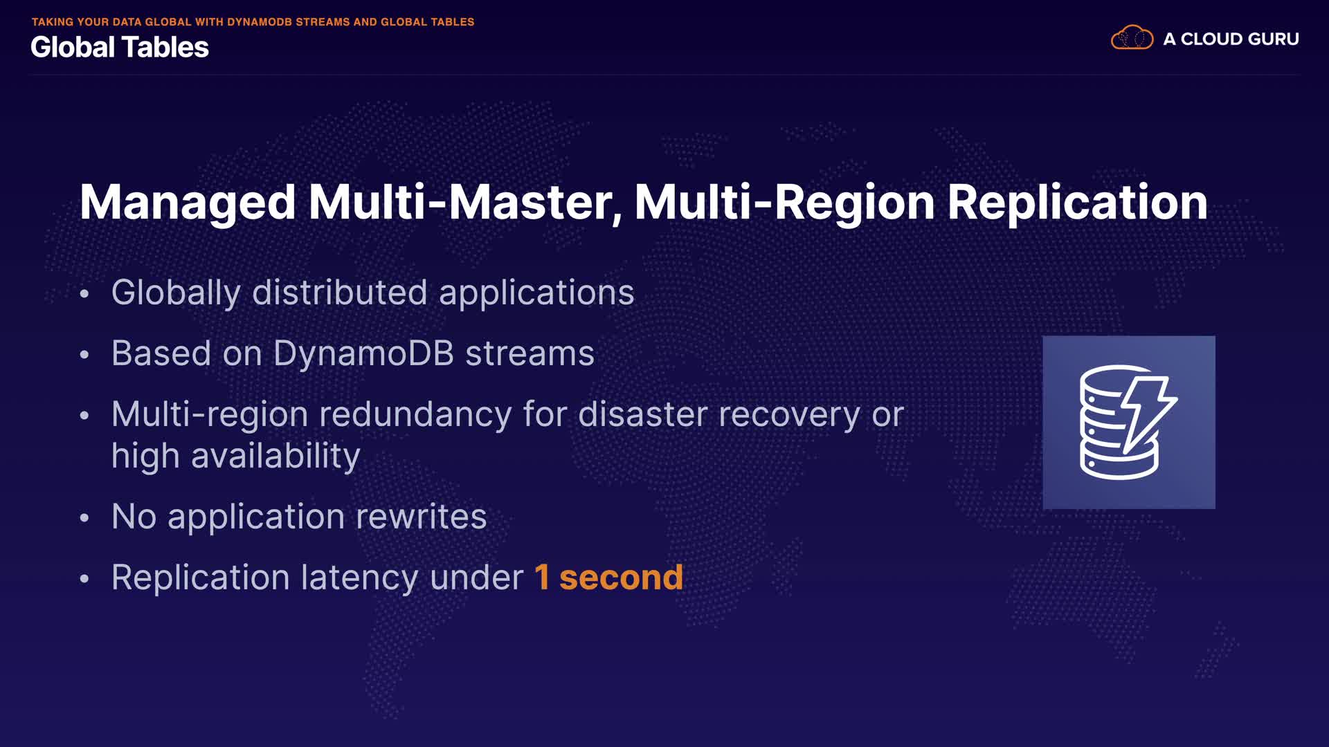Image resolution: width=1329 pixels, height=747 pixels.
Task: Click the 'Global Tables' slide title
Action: click(120, 47)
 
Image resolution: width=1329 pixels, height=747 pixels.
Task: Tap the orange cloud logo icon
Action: click(1132, 37)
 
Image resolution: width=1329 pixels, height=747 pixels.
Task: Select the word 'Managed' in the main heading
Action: click(188, 203)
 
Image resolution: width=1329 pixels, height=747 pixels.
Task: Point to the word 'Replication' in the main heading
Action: click(1077, 202)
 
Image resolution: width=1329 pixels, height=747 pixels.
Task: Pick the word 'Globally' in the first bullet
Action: click(176, 293)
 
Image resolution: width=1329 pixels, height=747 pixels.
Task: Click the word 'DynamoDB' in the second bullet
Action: click(364, 353)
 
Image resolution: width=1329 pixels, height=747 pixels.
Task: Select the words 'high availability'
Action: click(236, 456)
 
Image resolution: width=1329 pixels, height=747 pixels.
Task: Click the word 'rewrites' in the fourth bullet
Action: click(422, 517)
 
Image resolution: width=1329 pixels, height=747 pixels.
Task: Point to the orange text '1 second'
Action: click(609, 578)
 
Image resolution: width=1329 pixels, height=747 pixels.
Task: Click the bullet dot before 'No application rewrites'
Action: click(84, 518)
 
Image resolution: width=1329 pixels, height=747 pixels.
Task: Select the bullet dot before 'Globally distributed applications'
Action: click(84, 294)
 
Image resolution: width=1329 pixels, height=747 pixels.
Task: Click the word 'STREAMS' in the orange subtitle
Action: click(323, 22)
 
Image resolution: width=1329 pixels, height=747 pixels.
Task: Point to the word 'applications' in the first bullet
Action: click(536, 293)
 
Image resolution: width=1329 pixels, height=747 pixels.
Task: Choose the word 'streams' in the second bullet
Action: click(530, 354)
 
